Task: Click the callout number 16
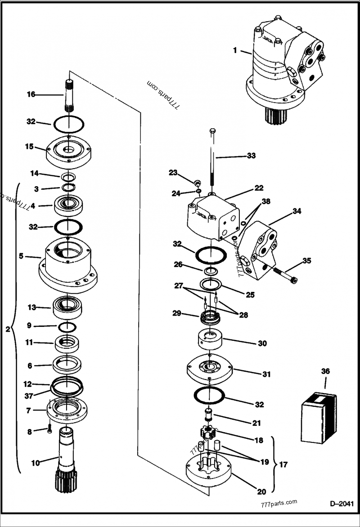(31, 94)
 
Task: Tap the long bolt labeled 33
(213, 157)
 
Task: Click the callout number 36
(325, 371)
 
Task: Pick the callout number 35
(306, 260)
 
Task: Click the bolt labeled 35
(283, 275)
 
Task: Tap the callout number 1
(235, 50)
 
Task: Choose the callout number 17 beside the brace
(284, 464)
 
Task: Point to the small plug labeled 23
(197, 183)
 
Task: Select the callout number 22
(258, 188)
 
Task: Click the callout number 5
(21, 256)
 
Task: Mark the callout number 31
(267, 374)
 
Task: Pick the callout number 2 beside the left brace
(7, 329)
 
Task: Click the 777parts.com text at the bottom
(279, 503)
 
